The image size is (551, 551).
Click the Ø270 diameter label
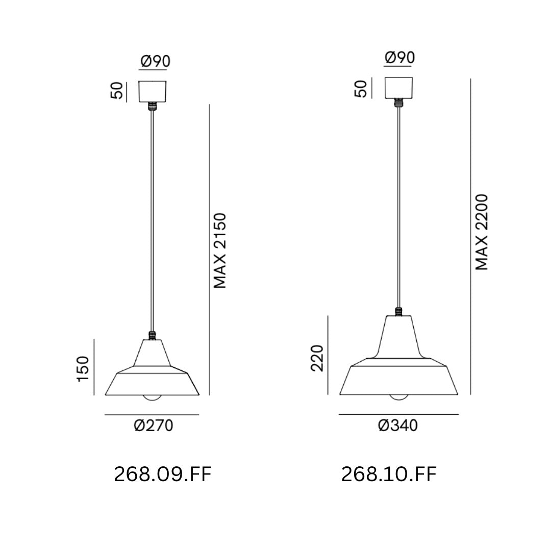tap(154, 425)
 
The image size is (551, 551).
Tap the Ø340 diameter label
tap(398, 425)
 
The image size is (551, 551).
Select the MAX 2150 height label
tap(220, 251)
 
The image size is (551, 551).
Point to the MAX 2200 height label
tap(482, 232)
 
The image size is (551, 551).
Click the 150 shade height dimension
tap(83, 369)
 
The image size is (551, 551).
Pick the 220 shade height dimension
tap(317, 358)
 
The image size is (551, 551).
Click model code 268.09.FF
tap(163, 475)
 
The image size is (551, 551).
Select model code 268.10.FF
tap(389, 474)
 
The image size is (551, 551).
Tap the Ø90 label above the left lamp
tap(155, 61)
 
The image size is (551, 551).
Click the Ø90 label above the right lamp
tap(400, 57)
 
